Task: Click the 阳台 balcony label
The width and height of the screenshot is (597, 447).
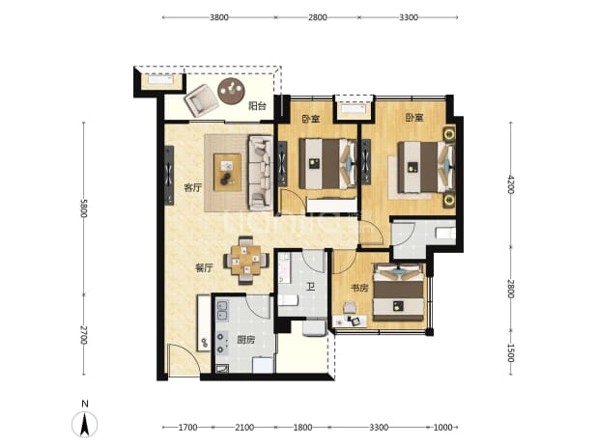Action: pyautogui.click(x=257, y=106)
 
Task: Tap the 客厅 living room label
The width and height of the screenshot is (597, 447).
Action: pyautogui.click(x=193, y=187)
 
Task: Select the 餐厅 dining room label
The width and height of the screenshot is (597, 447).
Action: pyautogui.click(x=204, y=267)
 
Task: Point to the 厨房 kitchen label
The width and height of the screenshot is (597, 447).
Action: pyautogui.click(x=246, y=340)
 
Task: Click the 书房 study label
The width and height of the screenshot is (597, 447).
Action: pyautogui.click(x=359, y=288)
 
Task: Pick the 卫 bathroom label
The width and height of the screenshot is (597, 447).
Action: pyautogui.click(x=311, y=287)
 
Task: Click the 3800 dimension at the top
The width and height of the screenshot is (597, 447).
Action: pyautogui.click(x=219, y=17)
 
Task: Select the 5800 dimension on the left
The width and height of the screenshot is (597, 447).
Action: pyautogui.click(x=84, y=209)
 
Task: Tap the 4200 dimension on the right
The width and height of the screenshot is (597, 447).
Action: pyautogui.click(x=511, y=183)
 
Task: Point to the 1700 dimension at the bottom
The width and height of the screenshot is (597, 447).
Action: pyautogui.click(x=187, y=428)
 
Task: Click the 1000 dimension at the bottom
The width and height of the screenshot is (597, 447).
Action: pyautogui.click(x=442, y=428)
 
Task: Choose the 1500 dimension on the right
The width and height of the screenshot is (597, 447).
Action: pyautogui.click(x=511, y=353)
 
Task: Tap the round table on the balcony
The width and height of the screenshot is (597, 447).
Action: pyautogui.click(x=231, y=91)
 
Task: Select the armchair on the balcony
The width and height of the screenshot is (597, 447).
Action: pyautogui.click(x=201, y=100)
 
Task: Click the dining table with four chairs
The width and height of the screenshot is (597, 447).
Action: pyautogui.click(x=246, y=261)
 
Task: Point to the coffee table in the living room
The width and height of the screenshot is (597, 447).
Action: pyautogui.click(x=227, y=172)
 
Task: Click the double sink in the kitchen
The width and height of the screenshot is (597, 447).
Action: pyautogui.click(x=222, y=311)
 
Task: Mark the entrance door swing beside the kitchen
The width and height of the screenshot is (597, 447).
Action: pyautogui.click(x=184, y=359)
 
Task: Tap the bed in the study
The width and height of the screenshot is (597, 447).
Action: pyautogui.click(x=398, y=293)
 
